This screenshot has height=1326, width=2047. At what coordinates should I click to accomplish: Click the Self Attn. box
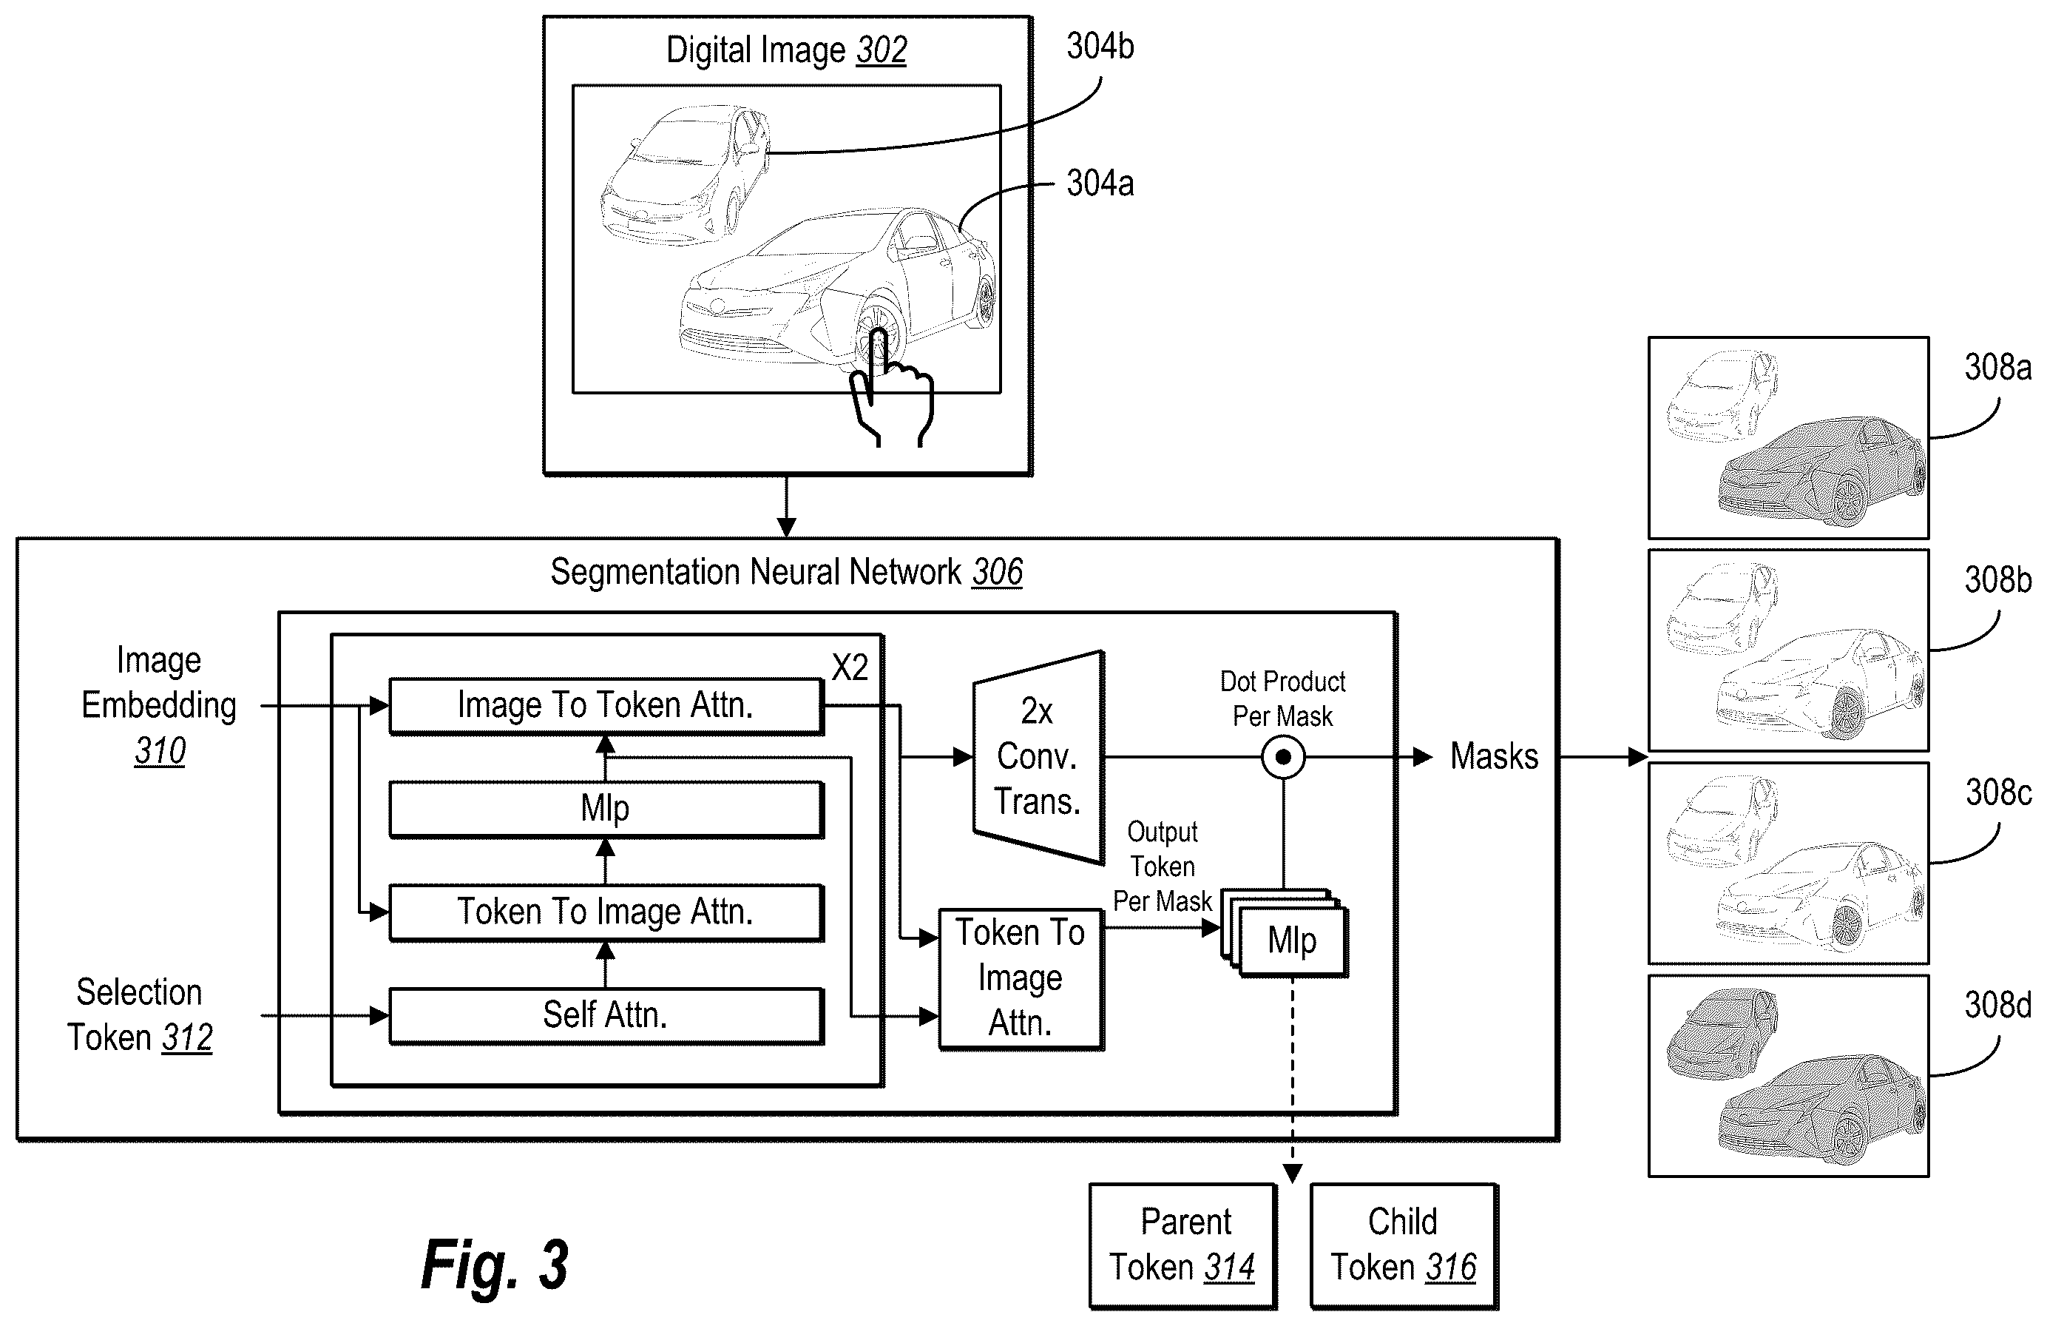point(606,1015)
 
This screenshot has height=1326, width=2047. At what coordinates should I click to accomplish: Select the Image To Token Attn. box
point(606,706)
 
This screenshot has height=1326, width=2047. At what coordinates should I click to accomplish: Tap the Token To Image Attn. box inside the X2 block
point(606,912)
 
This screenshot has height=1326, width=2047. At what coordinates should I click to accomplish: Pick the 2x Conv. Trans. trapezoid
point(1038,757)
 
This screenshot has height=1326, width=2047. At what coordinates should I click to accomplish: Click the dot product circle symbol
point(1283,757)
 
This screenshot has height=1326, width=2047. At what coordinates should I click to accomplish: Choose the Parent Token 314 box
point(1182,1246)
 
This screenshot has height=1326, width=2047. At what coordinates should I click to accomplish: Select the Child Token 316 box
point(1404,1246)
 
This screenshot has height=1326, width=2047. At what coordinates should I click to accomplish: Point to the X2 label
point(850,667)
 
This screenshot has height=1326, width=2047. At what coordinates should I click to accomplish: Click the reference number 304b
point(1100,47)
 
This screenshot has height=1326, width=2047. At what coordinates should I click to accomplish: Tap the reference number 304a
point(1100,184)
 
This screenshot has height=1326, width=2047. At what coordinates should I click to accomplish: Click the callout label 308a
point(1998,368)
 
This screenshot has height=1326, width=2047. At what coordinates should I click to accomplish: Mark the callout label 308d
point(1998,1005)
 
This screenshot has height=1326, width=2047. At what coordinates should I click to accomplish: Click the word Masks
point(1494,756)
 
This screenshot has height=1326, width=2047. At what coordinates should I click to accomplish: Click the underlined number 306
point(998,571)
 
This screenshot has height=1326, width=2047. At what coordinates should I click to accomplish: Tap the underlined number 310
point(160,750)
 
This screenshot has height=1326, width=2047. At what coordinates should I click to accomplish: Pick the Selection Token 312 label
point(139,1014)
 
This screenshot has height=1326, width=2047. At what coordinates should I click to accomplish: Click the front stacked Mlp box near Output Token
point(1293,941)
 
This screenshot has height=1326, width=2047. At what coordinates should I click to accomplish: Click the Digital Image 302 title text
point(786,50)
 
